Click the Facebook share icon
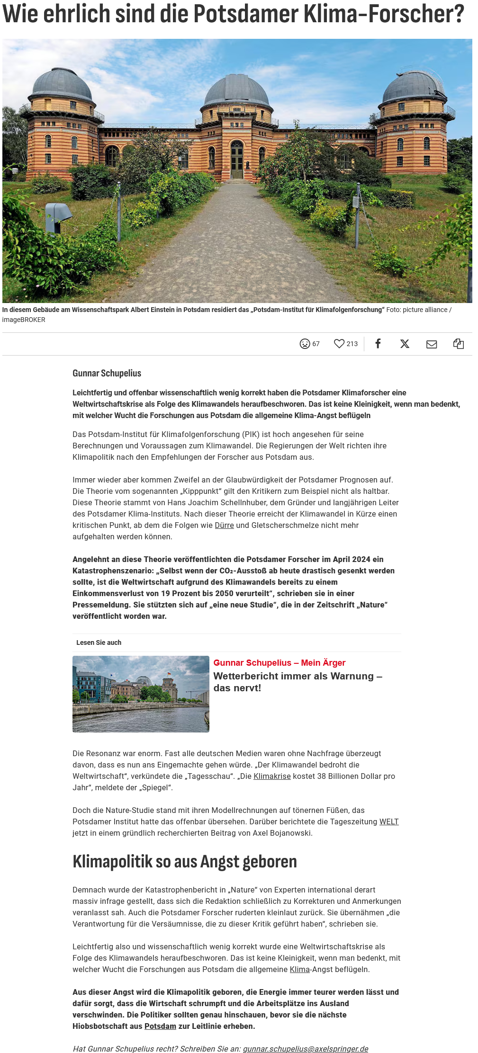pyautogui.click(x=378, y=344)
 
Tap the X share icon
pyautogui.click(x=405, y=344)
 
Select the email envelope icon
pyautogui.click(x=432, y=344)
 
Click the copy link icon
pyautogui.click(x=458, y=344)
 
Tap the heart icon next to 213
pyautogui.click(x=339, y=344)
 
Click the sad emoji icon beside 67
pyautogui.click(x=305, y=344)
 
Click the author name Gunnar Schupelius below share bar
pyautogui.click(x=107, y=373)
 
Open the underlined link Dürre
pyautogui.click(x=224, y=525)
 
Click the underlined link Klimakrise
pyautogui.click(x=272, y=776)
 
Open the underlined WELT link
pyautogui.click(x=389, y=821)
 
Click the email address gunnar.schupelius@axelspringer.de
pyautogui.click(x=306, y=1049)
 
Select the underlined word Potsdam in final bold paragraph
pyautogui.click(x=160, y=1026)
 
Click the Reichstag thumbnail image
pyautogui.click(x=141, y=694)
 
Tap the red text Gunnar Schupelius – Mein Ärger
pyautogui.click(x=280, y=663)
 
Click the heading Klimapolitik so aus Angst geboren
pyautogui.click(x=185, y=862)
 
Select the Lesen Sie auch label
pyautogui.click(x=99, y=643)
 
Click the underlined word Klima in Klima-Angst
pyautogui.click(x=299, y=969)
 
